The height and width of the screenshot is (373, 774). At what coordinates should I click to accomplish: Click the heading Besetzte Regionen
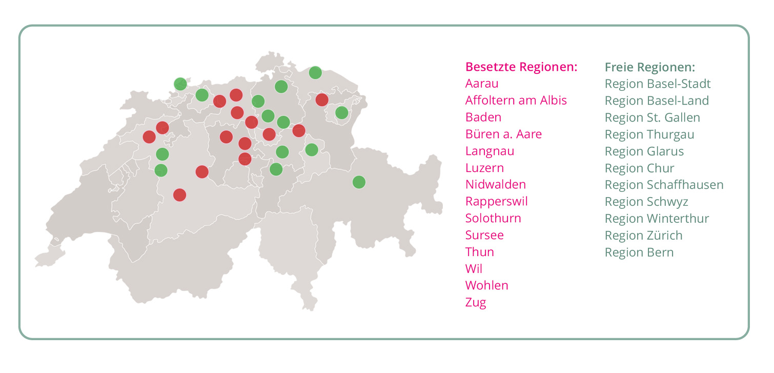click(521, 67)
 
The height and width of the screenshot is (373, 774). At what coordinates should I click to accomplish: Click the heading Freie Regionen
click(649, 67)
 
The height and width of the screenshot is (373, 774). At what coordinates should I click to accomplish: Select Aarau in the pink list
click(481, 84)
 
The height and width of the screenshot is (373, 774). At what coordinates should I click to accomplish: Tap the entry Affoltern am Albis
click(516, 101)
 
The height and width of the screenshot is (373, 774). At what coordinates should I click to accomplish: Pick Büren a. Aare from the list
click(503, 134)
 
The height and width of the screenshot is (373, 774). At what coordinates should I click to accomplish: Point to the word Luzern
click(484, 168)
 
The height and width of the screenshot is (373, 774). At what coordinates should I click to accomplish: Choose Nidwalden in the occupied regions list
click(495, 185)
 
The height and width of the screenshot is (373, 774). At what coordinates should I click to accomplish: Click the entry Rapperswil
click(496, 202)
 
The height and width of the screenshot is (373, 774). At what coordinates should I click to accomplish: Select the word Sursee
click(484, 235)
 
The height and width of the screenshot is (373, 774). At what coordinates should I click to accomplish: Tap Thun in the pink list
click(479, 252)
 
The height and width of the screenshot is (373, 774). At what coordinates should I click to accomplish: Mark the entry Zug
click(475, 303)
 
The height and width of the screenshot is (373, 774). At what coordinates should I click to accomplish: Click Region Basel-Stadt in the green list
click(658, 84)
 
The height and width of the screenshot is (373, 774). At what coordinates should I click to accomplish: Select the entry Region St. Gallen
click(652, 117)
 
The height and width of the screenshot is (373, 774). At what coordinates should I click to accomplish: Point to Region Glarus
click(644, 151)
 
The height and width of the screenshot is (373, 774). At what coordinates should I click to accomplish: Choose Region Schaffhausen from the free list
click(664, 185)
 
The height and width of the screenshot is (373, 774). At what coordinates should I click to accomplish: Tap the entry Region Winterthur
click(657, 219)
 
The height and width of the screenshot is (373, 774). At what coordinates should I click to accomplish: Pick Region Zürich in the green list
click(643, 235)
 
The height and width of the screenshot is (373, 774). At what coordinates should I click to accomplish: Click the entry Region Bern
click(639, 252)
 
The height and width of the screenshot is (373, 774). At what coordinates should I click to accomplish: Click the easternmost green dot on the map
click(359, 182)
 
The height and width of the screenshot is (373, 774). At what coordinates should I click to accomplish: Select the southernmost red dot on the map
click(179, 195)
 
